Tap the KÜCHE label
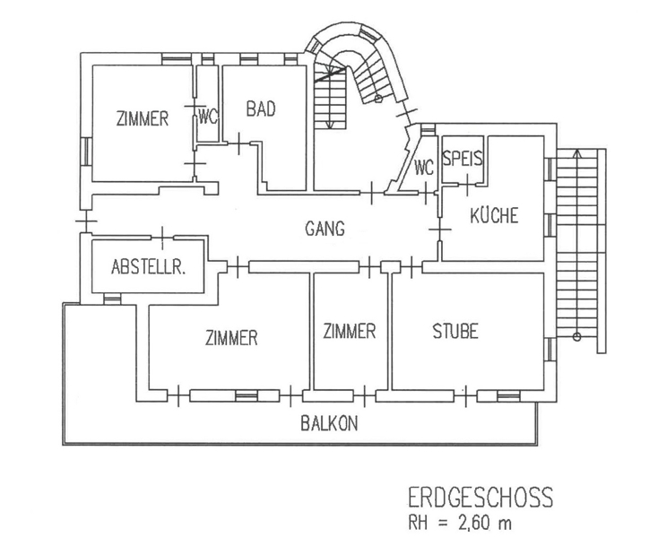[x=493, y=216]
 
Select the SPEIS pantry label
[x=463, y=160]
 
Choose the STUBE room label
[x=455, y=332]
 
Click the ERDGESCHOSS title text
[x=480, y=497]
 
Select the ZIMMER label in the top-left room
[x=143, y=117]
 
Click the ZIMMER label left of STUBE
[x=349, y=332]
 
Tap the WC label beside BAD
[x=208, y=117]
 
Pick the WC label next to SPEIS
[x=424, y=167]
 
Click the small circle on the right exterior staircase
[x=577, y=339]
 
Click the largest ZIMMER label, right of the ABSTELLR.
[x=231, y=338]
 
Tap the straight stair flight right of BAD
[x=331, y=99]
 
